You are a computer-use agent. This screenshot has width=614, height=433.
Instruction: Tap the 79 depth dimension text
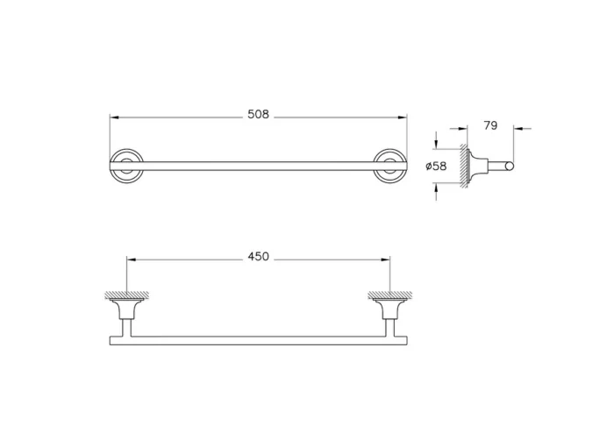[490, 126]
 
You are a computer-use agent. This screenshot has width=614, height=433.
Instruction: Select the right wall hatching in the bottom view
[389, 295]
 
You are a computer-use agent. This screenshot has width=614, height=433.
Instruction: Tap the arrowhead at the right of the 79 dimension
[516, 129]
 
